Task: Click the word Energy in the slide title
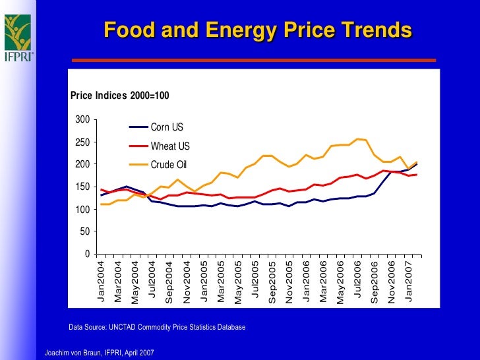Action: (239, 30)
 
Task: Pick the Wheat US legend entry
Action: (170, 146)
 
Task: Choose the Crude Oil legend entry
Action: (170, 164)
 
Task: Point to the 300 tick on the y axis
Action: (82, 120)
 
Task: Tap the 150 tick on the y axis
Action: (82, 187)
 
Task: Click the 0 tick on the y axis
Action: (87, 254)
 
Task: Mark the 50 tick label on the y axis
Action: (84, 231)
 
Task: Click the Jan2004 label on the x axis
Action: (101, 282)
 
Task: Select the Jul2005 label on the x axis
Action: (255, 282)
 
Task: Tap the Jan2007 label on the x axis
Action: (409, 282)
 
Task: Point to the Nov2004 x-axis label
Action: (187, 283)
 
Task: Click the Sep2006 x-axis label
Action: (375, 283)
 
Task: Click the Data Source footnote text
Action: (157, 326)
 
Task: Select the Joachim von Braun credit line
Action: (99, 353)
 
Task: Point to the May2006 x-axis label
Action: (340, 283)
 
